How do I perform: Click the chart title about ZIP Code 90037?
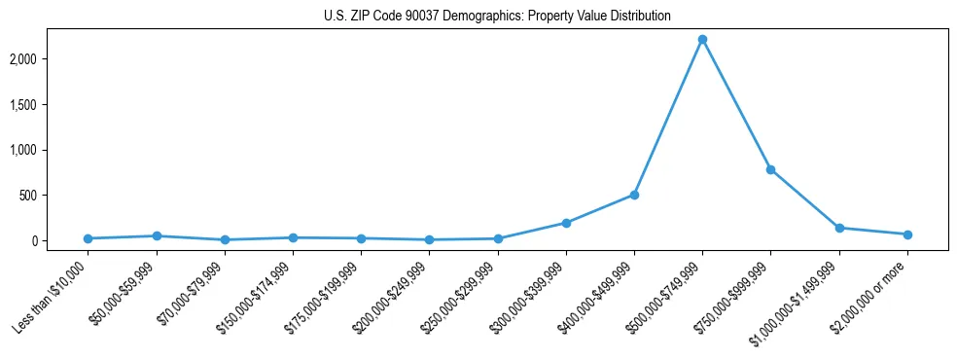(497, 17)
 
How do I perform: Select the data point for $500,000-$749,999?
(702, 39)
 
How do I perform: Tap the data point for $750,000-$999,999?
(770, 169)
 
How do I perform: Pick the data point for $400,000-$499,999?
(634, 195)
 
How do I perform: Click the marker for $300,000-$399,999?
(566, 223)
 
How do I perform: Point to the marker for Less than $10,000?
(89, 238)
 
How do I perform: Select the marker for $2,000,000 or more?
(906, 234)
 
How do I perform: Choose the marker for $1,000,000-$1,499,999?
(838, 228)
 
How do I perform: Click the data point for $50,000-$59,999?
(157, 235)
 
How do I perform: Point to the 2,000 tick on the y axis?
(49, 59)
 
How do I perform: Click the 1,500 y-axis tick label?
(49, 105)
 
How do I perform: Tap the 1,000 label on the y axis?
(49, 150)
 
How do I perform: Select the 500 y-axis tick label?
(54, 196)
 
